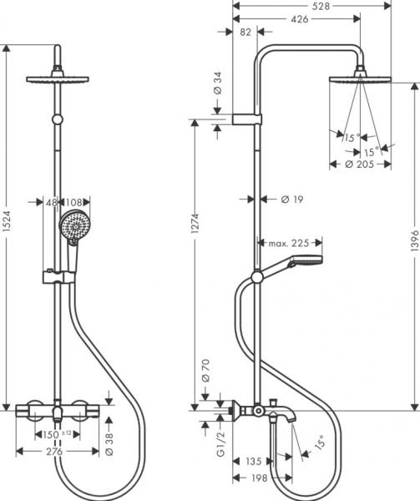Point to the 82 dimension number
click(x=245, y=32)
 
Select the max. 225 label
click(x=289, y=243)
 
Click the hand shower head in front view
click(x=73, y=225)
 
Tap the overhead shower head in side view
click(x=361, y=79)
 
